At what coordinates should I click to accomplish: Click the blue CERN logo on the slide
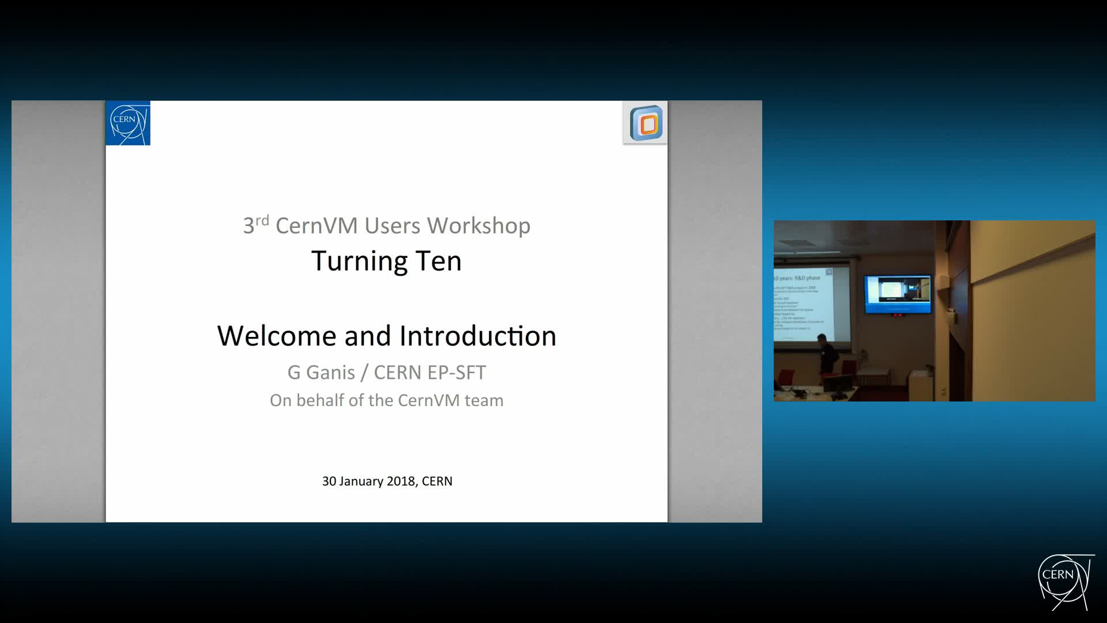tap(128, 123)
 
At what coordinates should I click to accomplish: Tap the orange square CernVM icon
tap(646, 123)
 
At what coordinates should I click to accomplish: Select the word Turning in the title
tap(360, 261)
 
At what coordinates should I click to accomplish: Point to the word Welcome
tap(276, 336)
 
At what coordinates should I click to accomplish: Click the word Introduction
tap(477, 336)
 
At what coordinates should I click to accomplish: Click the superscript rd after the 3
tap(262, 220)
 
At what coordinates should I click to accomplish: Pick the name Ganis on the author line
tap(330, 373)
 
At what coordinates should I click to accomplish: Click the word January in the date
tap(361, 481)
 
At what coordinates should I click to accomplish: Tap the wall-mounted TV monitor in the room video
tap(898, 294)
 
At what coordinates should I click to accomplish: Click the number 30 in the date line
tap(329, 481)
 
